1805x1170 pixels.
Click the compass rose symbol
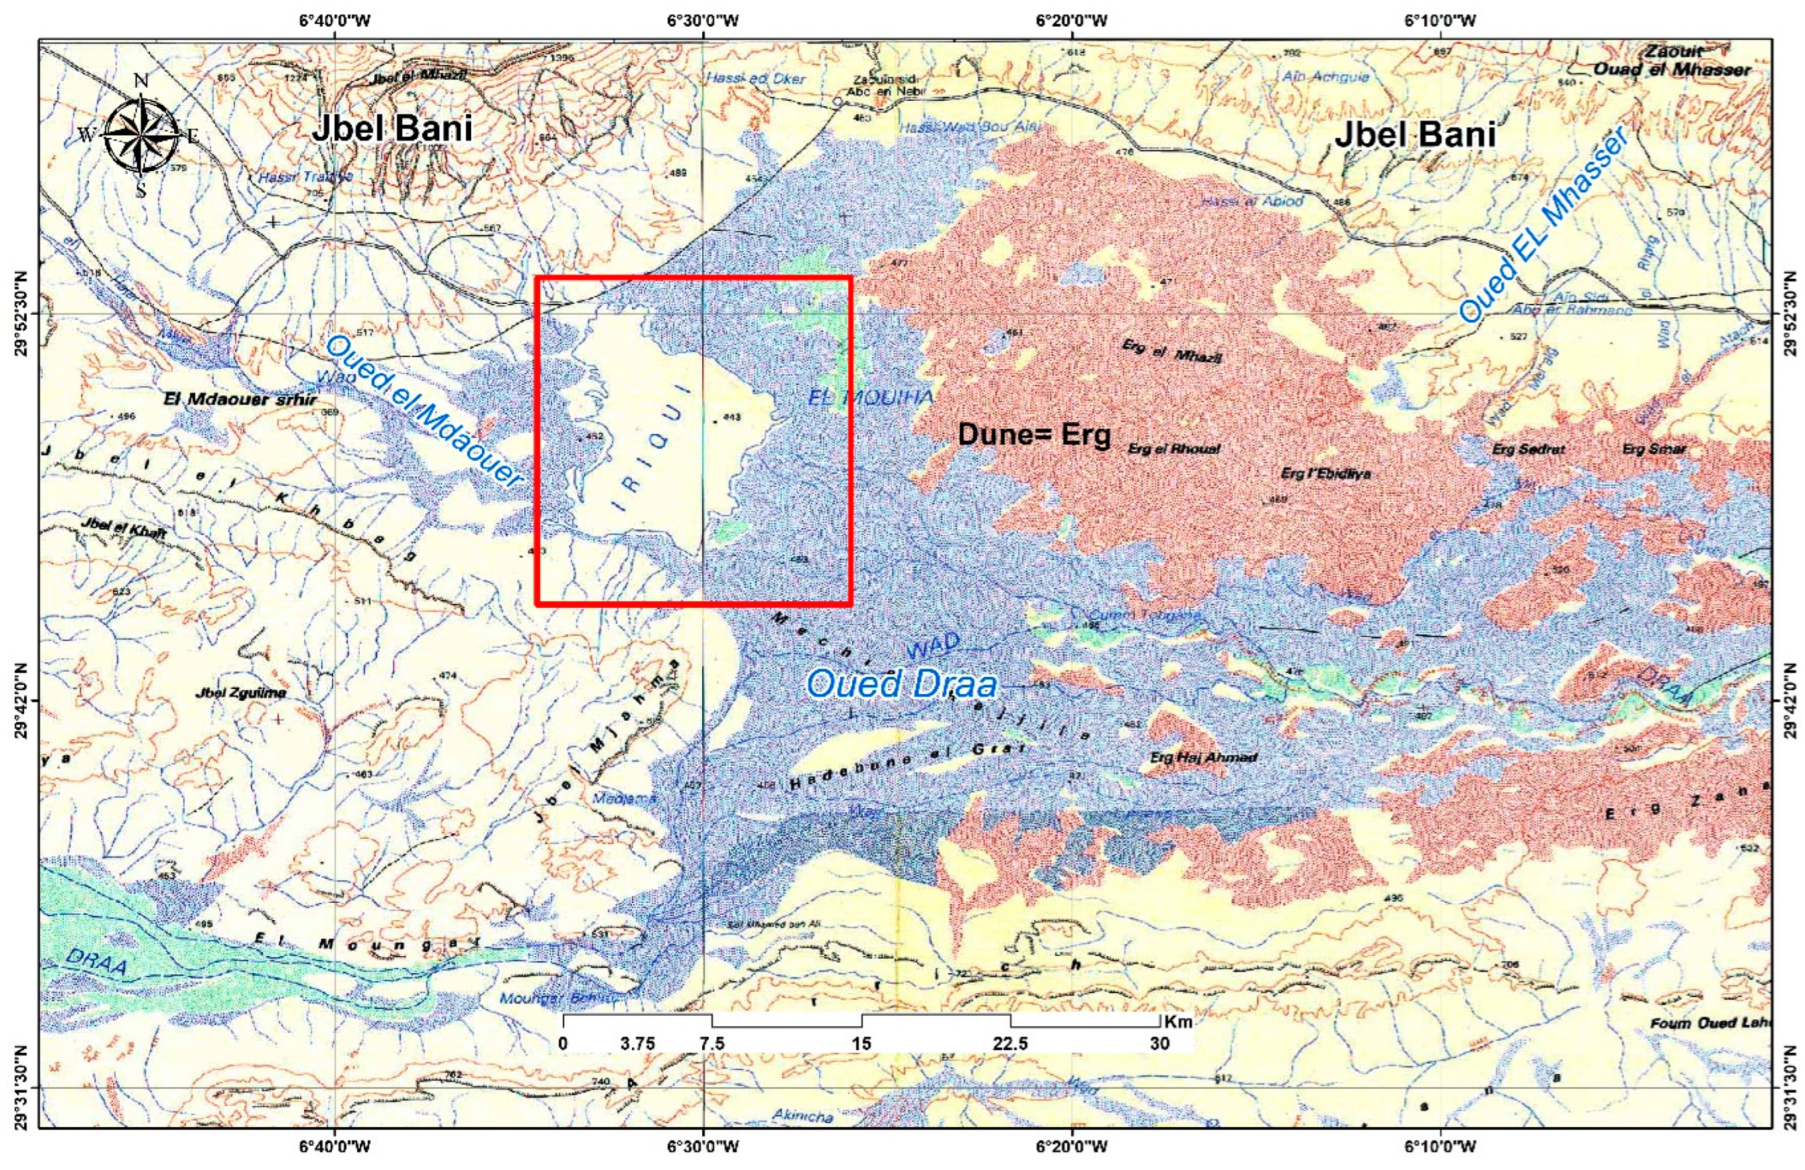click(140, 136)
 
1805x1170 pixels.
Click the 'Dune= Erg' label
click(1034, 434)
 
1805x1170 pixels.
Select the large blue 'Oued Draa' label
click(901, 684)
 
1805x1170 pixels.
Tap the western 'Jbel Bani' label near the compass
click(392, 129)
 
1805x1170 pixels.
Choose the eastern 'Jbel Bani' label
click(1414, 135)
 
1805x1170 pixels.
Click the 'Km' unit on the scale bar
click(1178, 1022)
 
